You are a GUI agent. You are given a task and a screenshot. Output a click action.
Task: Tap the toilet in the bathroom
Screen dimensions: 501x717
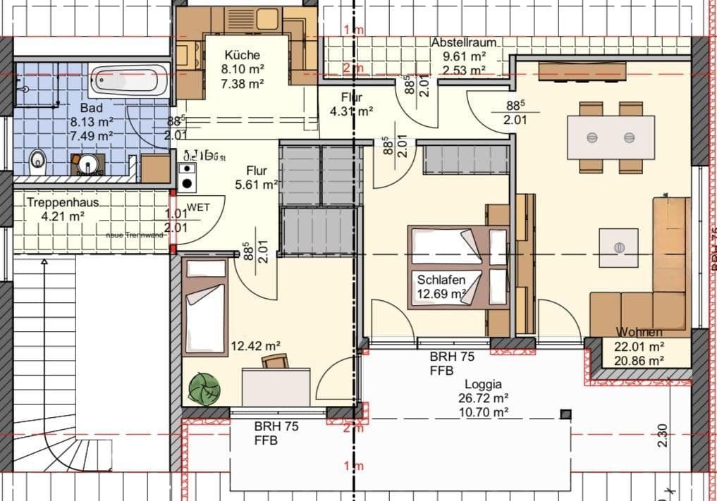[x=37, y=163]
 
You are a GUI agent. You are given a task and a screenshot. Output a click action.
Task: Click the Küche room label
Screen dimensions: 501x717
[x=242, y=55]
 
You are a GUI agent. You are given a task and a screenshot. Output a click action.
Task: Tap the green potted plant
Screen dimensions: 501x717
[x=204, y=388]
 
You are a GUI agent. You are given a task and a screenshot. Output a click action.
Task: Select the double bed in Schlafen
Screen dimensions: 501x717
[x=458, y=267]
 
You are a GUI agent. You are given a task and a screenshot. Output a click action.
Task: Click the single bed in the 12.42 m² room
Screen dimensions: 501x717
[x=205, y=307]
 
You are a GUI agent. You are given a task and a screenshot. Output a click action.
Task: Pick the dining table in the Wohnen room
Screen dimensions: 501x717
[x=611, y=137]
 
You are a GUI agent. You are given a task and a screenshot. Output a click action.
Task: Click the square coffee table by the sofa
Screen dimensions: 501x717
[x=618, y=247]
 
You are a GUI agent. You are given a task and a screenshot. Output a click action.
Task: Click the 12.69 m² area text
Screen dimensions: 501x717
[x=442, y=293]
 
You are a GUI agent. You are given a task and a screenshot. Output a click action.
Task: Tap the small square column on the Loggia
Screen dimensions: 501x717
[x=565, y=414]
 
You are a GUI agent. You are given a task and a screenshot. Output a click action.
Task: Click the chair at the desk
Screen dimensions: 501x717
[x=275, y=361]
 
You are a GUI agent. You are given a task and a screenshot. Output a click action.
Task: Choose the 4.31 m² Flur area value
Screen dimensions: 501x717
[x=351, y=111]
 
